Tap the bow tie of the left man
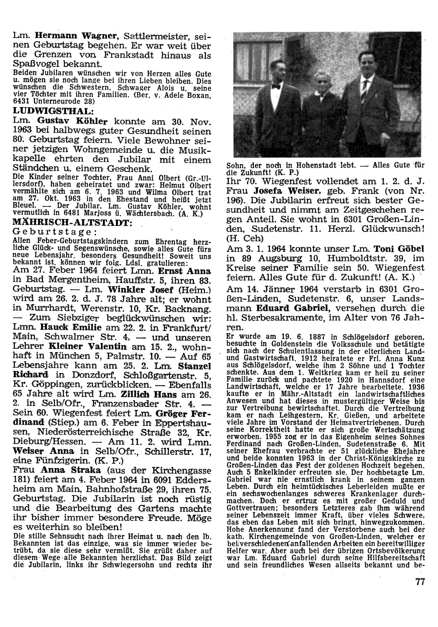tap(276, 86)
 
